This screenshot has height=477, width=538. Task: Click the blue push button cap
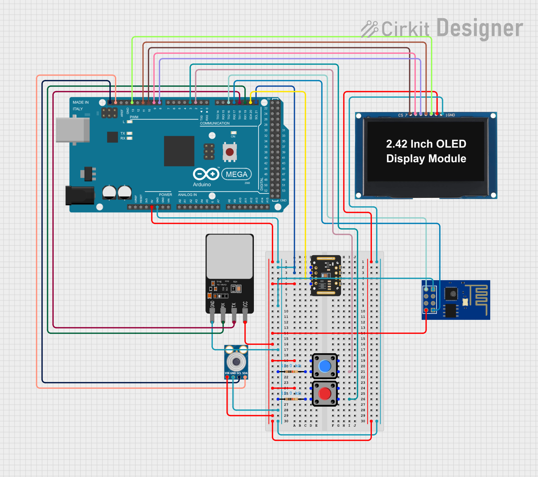tap(325, 366)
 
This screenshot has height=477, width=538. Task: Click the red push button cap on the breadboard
tap(325, 393)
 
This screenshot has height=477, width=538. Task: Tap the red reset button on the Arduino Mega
tap(230, 152)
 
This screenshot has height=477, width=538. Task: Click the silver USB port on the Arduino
tap(73, 130)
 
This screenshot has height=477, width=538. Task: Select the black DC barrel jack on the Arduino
tap(80, 195)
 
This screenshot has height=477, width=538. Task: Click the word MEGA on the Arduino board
tap(236, 174)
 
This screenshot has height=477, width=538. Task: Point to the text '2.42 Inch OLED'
tap(426, 144)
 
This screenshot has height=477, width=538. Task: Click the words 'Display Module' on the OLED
tap(426, 159)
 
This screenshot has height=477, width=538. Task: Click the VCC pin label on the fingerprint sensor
tap(245, 304)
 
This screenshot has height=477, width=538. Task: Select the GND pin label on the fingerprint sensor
tap(212, 304)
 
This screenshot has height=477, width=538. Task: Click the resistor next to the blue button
tap(291, 372)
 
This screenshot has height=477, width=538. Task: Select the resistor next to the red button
tap(291, 399)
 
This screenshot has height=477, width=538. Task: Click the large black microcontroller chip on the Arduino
tap(179, 151)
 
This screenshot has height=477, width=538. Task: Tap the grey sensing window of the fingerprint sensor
tap(230, 257)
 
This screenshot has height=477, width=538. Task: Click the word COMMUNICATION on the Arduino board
tap(215, 123)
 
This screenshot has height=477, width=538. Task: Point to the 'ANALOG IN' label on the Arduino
tap(187, 195)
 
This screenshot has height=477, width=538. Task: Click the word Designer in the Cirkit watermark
tap(480, 28)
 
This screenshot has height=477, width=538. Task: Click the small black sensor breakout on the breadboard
tap(326, 275)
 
